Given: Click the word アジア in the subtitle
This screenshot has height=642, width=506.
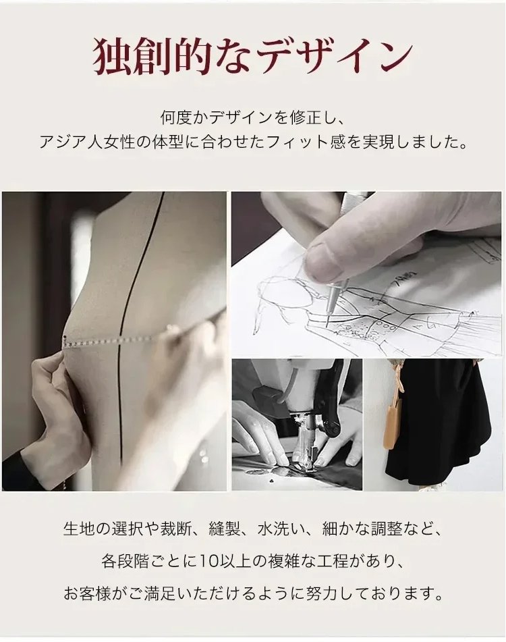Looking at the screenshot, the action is click(x=63, y=142).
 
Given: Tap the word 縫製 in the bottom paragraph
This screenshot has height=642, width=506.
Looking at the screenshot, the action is click(x=224, y=529).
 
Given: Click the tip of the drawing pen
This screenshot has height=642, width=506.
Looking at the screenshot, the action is click(x=327, y=325).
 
